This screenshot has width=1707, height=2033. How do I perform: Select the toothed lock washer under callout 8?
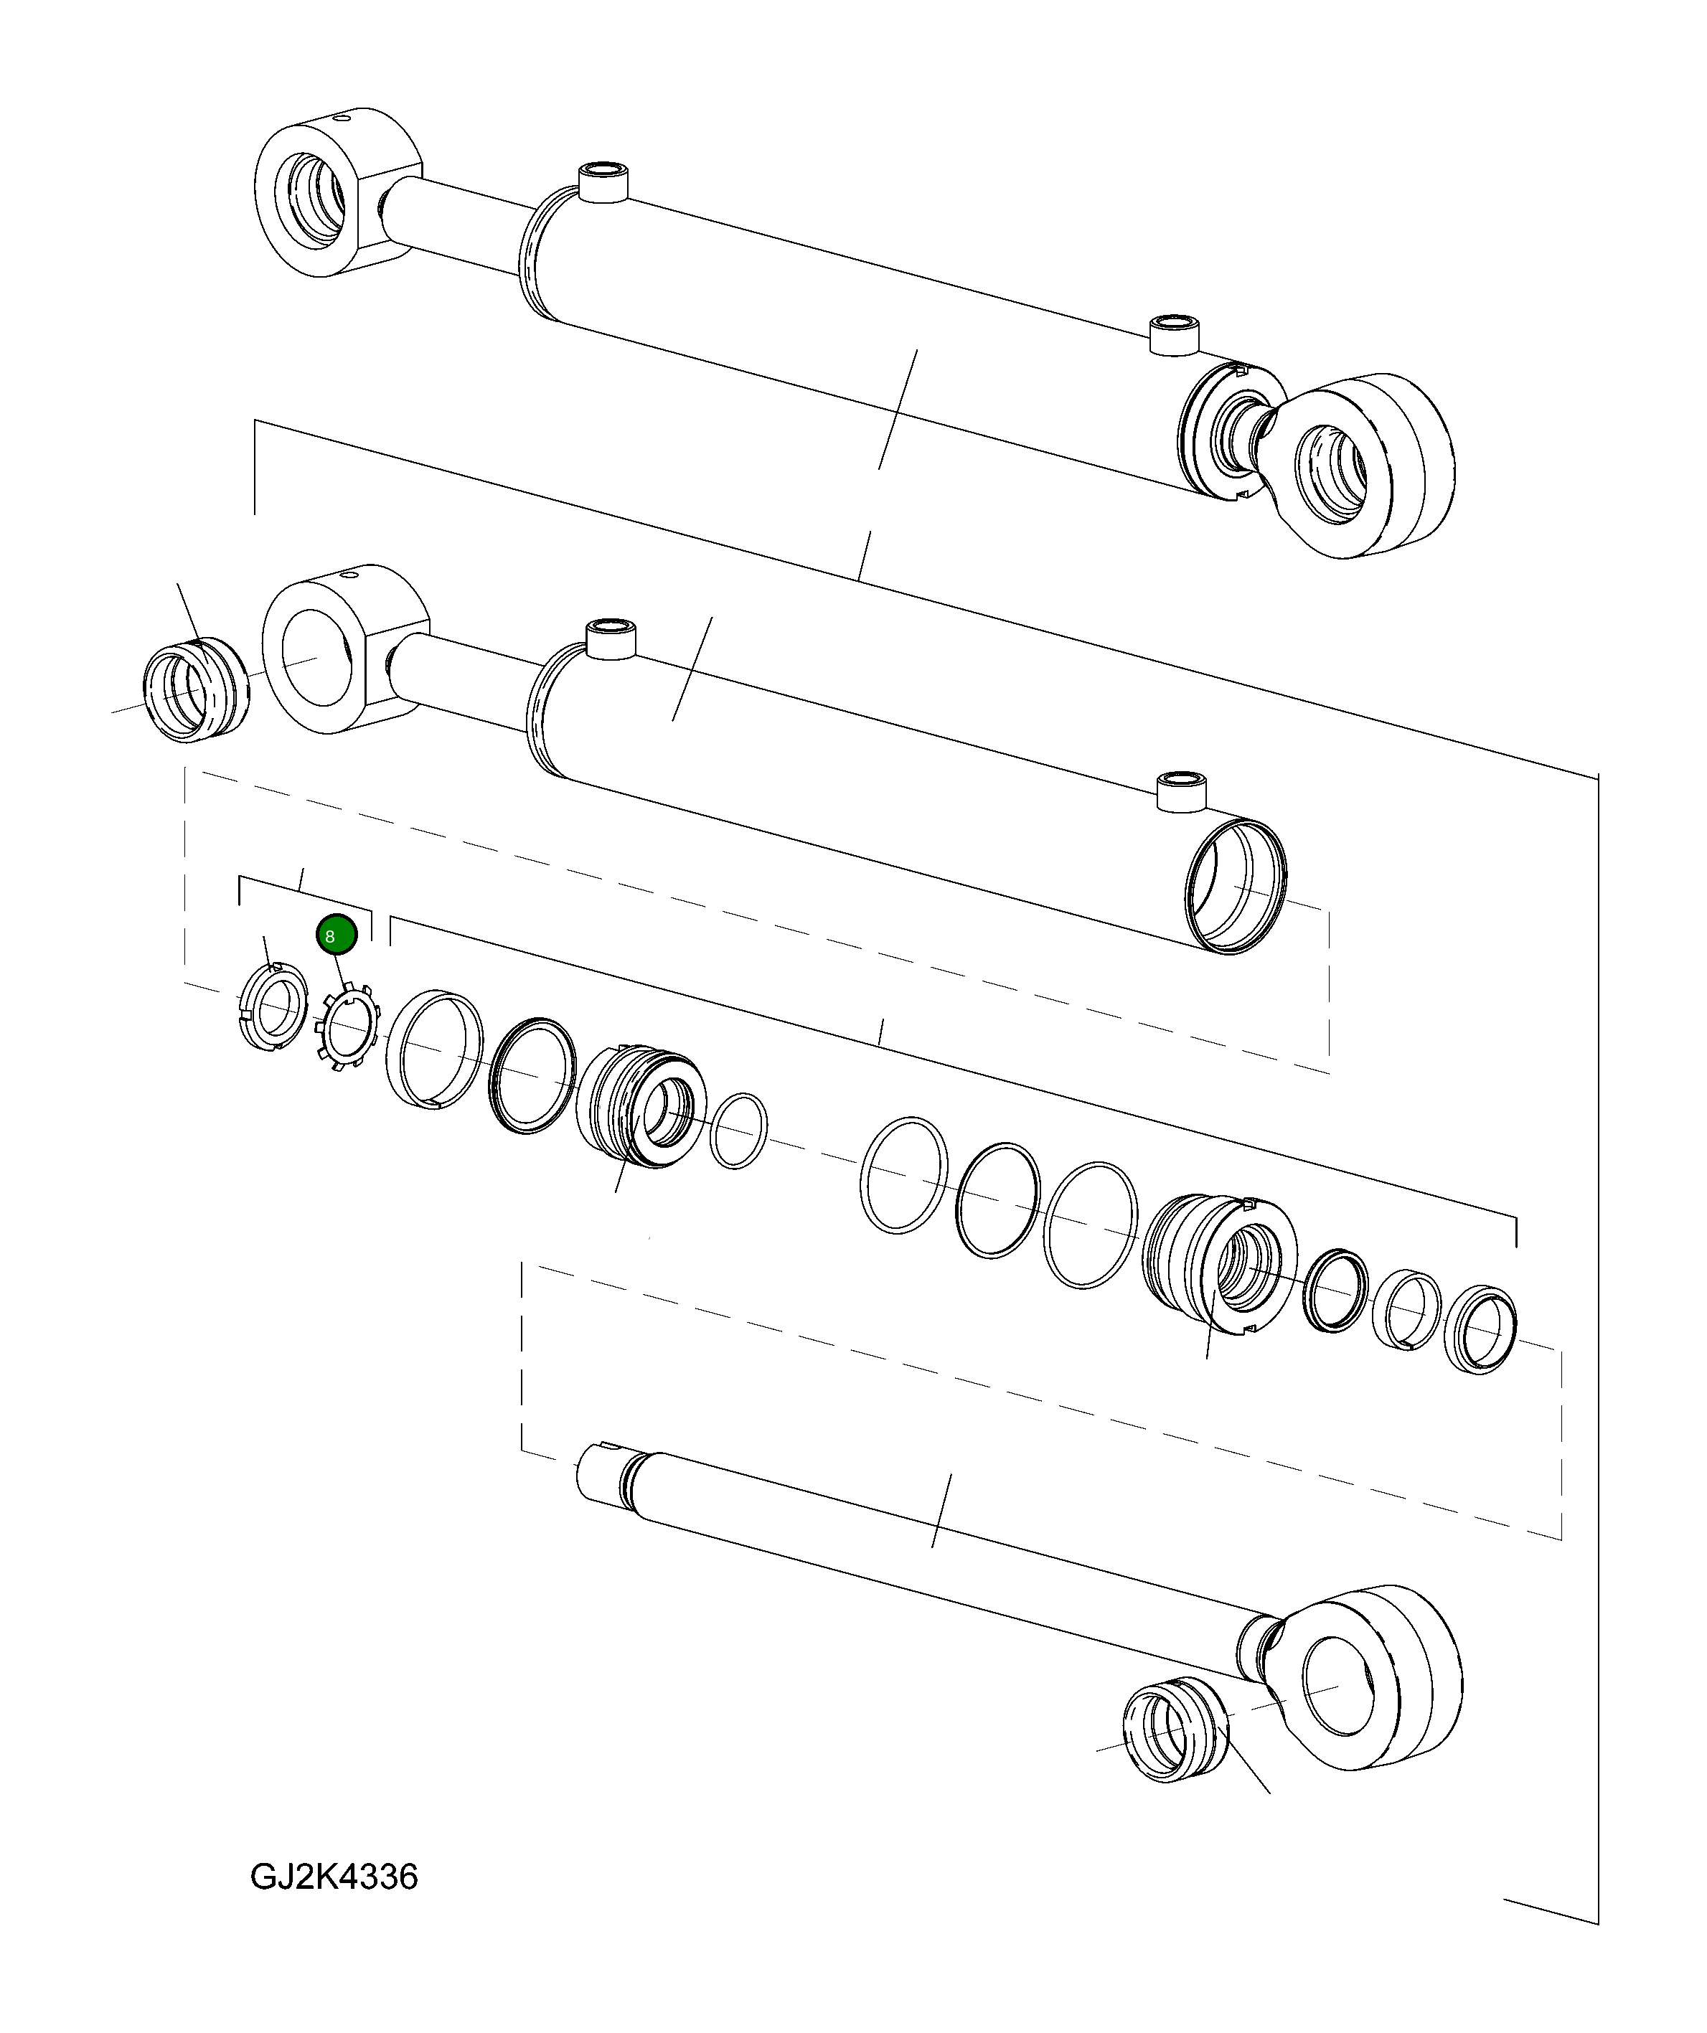[347, 1027]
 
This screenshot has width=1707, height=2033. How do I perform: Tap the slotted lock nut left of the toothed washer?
[273, 1008]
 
